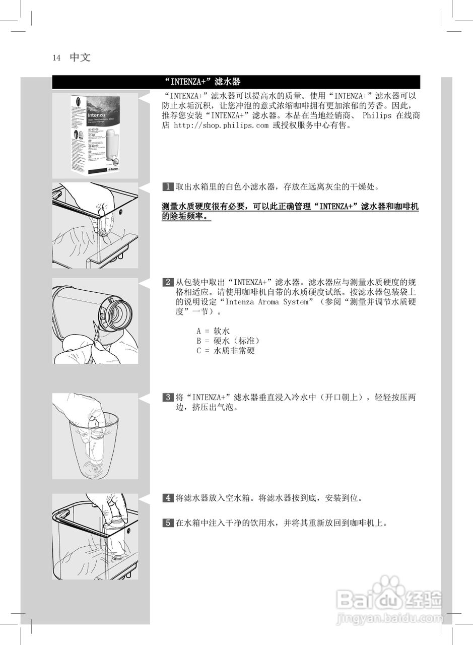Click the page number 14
(x=56, y=58)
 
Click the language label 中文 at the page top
(x=80, y=57)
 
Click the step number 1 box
(x=168, y=187)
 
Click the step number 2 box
(x=168, y=282)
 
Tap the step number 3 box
(x=168, y=397)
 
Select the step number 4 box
(x=168, y=498)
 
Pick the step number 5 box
(x=168, y=523)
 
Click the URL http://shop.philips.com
(x=221, y=125)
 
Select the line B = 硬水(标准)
(x=228, y=341)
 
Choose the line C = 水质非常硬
(x=225, y=351)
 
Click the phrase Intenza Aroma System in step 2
(x=266, y=302)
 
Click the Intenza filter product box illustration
(x=95, y=135)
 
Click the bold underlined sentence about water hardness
(x=290, y=212)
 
